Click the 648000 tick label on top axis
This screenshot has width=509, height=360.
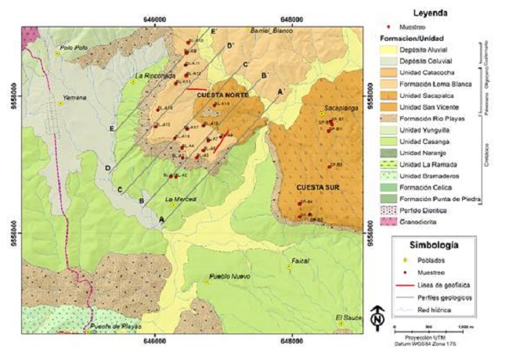pyautogui.click(x=291, y=18)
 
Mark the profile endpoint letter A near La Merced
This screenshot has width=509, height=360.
pyautogui.click(x=161, y=220)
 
